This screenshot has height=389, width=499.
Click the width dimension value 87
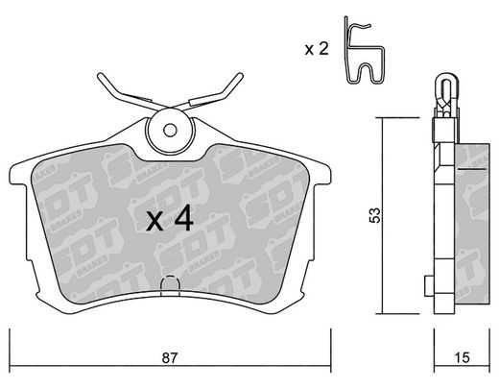(x=169, y=357)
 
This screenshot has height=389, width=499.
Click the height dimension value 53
(x=374, y=215)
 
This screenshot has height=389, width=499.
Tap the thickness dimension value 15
(x=462, y=357)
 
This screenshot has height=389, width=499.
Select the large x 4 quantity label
(x=170, y=218)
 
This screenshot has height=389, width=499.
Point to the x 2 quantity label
(x=317, y=49)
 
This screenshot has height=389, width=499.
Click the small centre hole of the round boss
(x=170, y=131)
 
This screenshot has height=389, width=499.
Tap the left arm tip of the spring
(x=101, y=76)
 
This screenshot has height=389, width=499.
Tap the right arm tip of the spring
(x=240, y=76)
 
